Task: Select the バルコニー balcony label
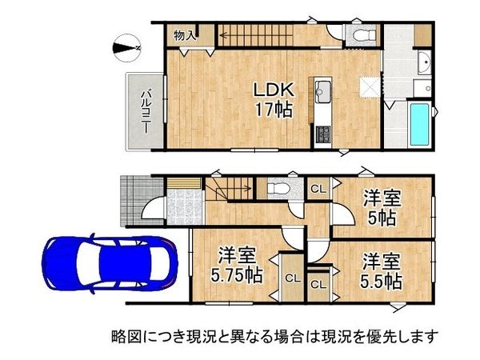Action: coord(146,110)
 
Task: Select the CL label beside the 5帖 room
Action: coord(318,189)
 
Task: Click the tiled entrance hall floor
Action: coord(185,205)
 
